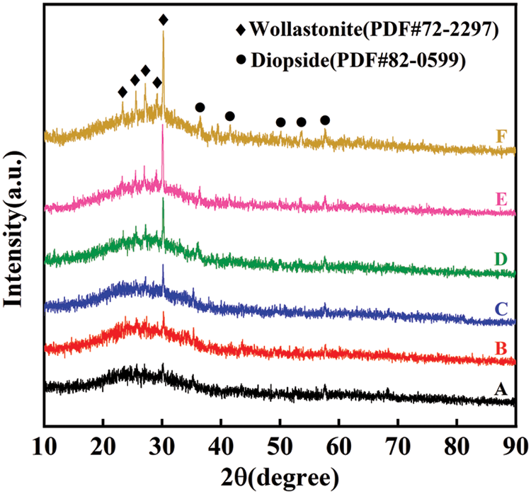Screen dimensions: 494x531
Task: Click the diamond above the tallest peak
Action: [x=164, y=20]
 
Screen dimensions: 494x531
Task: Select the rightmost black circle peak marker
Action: [x=325, y=120]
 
